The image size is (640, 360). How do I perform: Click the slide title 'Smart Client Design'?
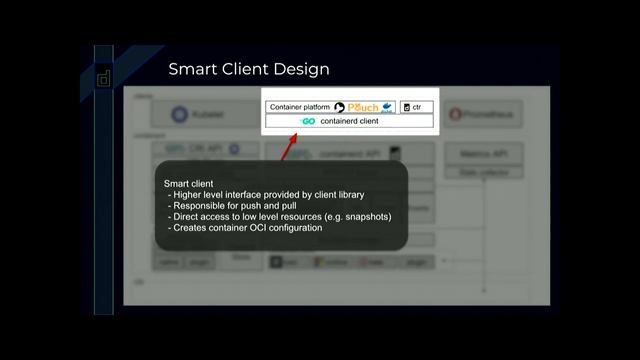249,70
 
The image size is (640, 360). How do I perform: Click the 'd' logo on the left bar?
103,79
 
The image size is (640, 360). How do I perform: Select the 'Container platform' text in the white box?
300,107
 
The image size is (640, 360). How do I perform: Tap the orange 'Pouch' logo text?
363,107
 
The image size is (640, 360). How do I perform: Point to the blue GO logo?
308,121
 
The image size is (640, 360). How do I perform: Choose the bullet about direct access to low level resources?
279,216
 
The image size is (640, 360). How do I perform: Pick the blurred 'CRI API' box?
200,148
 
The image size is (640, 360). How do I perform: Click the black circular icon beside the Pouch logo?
340,107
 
